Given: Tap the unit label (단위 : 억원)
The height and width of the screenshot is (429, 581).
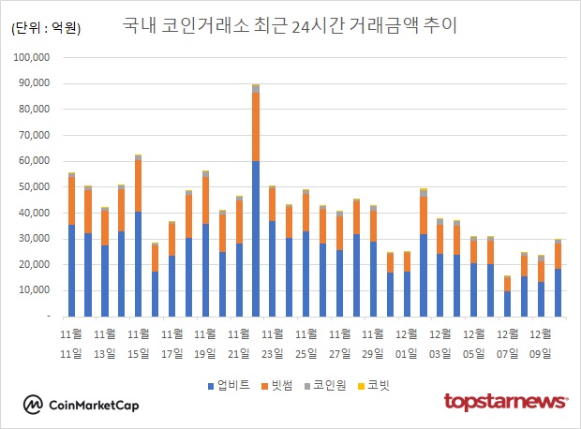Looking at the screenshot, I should pos(46,28).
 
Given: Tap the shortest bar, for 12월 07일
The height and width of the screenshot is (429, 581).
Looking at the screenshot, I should pos(508,303).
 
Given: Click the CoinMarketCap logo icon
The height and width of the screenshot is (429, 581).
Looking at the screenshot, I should pos(34,404).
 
